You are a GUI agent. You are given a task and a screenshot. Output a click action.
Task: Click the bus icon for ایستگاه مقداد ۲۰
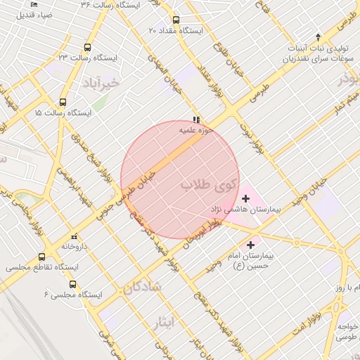[176, 20]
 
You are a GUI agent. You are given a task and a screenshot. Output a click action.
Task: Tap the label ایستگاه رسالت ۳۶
[111, 5]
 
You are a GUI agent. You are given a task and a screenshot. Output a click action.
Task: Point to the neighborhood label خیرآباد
[102, 83]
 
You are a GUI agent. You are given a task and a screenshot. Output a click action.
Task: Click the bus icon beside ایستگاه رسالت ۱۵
[63, 102]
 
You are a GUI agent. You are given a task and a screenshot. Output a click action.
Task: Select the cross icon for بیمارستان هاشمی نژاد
[245, 199]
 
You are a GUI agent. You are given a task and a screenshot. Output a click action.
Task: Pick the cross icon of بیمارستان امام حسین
[251, 244]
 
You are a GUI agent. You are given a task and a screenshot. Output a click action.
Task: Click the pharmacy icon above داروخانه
[75, 236]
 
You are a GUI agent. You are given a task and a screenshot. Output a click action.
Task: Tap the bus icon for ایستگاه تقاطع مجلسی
[42, 257]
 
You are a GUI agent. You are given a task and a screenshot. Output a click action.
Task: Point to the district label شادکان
[142, 286]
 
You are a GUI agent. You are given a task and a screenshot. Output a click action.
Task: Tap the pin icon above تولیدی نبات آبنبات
[318, 36]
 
